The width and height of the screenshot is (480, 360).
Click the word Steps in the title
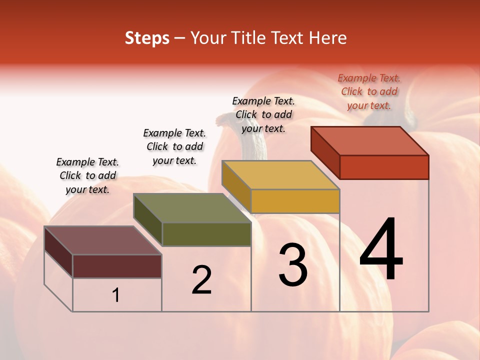pyautogui.click(x=147, y=38)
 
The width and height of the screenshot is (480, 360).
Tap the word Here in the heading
pyautogui.click(x=328, y=38)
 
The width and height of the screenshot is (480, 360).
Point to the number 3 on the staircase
pyautogui.click(x=293, y=265)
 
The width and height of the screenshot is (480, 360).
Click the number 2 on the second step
pyautogui.click(x=201, y=280)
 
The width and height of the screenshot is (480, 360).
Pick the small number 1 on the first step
pyautogui.click(x=116, y=295)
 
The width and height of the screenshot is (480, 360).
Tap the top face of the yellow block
pyautogui.click(x=280, y=175)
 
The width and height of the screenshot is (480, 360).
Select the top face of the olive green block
pyautogui.click(x=192, y=208)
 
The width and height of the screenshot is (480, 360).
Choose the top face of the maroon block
pyautogui.click(x=103, y=240)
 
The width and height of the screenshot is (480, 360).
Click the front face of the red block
pyautogui.click(x=384, y=167)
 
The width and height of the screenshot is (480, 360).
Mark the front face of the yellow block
pyautogui.click(x=295, y=201)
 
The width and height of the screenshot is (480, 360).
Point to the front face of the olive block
pyautogui.click(x=206, y=234)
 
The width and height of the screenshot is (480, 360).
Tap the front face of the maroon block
pyautogui.click(x=117, y=266)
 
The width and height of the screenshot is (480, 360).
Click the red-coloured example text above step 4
pyautogui.click(x=369, y=91)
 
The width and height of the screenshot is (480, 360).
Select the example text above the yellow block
pyautogui.click(x=263, y=114)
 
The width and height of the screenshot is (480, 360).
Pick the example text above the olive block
pyautogui.click(x=174, y=146)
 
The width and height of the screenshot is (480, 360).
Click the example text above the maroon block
pyautogui.click(x=87, y=175)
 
